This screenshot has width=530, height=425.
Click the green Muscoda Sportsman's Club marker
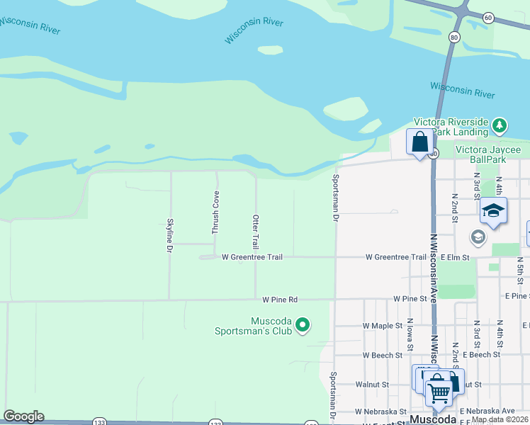303,325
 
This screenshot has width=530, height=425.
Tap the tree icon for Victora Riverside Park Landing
500,126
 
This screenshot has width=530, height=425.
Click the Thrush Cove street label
215,213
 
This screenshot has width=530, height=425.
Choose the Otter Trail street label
256,230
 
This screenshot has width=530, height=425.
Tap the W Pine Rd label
280,300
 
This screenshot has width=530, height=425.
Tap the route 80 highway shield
454,37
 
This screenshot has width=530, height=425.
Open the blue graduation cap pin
493,211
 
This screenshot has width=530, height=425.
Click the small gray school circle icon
478,237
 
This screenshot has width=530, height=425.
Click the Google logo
23,416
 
